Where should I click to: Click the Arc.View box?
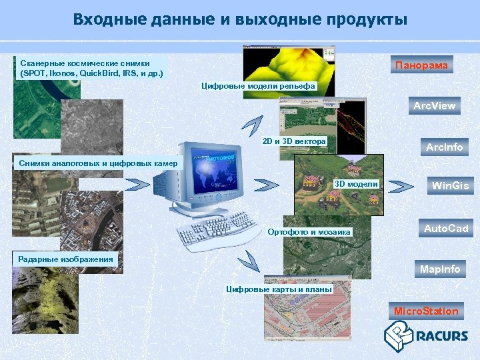point(434,105)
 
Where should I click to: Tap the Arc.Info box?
point(444,147)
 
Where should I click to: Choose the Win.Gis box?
point(450,185)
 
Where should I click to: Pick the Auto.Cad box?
point(446,228)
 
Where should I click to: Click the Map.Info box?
point(439,269)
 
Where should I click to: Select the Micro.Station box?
point(426,311)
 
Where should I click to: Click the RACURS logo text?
point(441,336)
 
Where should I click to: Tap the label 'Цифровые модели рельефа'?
point(258,87)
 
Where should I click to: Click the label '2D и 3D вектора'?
point(294,141)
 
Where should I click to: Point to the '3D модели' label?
point(355,184)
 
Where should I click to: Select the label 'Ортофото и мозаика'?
point(309,232)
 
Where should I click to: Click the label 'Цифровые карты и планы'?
point(279,289)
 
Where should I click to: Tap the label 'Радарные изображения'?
point(66,259)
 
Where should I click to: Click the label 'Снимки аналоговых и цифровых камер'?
point(98,163)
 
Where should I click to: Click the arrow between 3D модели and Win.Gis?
point(401,185)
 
